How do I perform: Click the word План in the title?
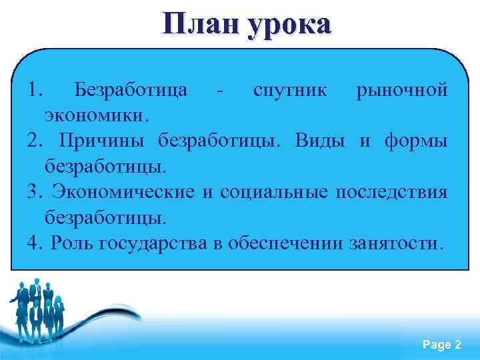point(200,25)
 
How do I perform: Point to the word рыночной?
point(402,90)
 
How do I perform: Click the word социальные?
point(270,192)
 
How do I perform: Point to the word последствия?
point(390,192)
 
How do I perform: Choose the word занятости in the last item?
point(393,243)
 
